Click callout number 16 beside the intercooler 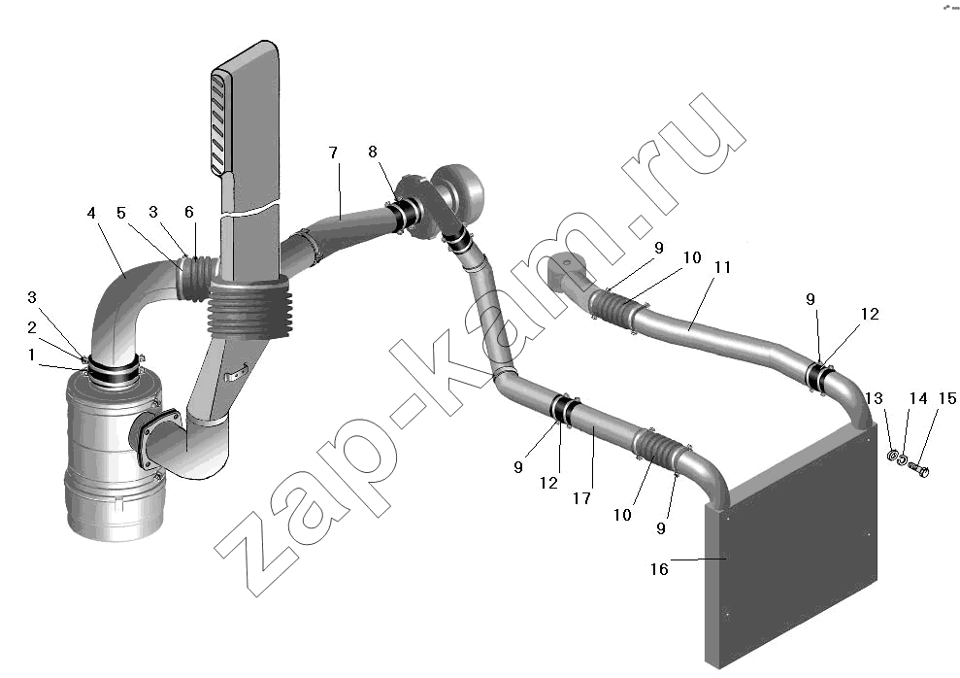click(659, 569)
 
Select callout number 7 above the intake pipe click(333, 153)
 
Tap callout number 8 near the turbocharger click(373, 152)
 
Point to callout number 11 click(722, 268)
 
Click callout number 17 click(581, 498)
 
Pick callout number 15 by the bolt click(946, 398)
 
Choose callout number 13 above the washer click(875, 398)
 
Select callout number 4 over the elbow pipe click(91, 213)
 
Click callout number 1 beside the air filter click(31, 355)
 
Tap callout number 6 click(188, 212)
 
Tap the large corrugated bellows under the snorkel click(249, 309)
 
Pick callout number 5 click(121, 213)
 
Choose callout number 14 click(917, 398)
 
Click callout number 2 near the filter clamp click(32, 327)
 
